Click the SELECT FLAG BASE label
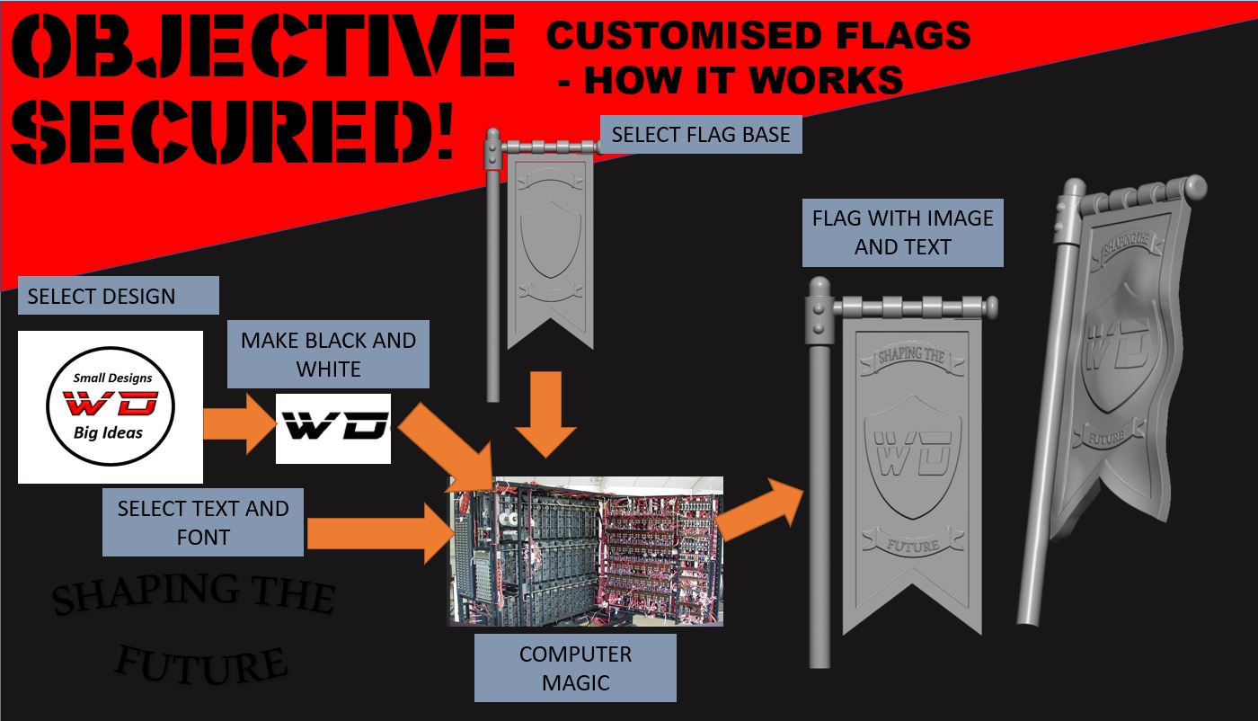tap(701, 135)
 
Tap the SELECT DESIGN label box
tap(118, 296)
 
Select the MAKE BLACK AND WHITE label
tap(328, 354)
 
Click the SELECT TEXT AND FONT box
tap(203, 522)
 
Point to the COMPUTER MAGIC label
tap(575, 668)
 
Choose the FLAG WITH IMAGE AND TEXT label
tap(902, 232)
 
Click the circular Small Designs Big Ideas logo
tap(111, 407)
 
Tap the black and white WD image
tap(332, 428)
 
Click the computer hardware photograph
tap(586, 550)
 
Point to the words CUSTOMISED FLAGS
tap(758, 36)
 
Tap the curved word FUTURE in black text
tap(203, 663)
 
